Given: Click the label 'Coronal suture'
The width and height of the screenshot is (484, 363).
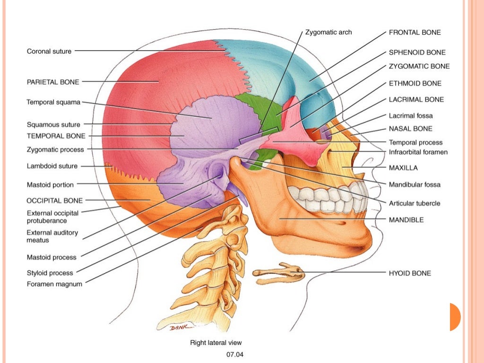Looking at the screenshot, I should point(49,51).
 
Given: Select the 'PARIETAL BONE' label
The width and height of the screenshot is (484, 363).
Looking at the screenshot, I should point(53,82).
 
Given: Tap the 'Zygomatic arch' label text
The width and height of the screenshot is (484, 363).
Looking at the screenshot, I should point(329,33).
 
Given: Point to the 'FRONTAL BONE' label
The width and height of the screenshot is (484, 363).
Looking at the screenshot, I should point(415,33).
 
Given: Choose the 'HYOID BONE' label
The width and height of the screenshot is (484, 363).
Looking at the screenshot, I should point(410,273).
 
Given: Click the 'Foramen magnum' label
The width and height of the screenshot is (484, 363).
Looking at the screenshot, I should point(54,284).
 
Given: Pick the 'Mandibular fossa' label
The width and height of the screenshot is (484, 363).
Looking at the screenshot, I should point(415,184).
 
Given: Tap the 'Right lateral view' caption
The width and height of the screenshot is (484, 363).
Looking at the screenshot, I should point(216,343).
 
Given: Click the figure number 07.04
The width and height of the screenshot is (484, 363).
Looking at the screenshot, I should point(235,353).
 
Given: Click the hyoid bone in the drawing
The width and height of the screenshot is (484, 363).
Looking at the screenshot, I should point(279,274).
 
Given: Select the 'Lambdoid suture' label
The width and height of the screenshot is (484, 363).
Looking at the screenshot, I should point(52,166).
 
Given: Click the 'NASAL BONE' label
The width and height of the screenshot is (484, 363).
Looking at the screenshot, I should point(410,129).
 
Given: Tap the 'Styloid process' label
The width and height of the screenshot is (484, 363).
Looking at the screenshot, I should point(50,273).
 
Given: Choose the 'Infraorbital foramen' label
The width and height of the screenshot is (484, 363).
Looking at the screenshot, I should point(418,152).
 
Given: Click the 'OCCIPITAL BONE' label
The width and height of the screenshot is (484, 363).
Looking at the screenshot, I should point(54,200).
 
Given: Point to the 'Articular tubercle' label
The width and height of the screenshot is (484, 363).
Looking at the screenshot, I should point(415,203).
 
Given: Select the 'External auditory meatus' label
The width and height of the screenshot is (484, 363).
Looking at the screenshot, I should point(52,236).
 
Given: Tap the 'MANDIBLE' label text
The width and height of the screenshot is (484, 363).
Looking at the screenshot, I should point(406,220).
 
